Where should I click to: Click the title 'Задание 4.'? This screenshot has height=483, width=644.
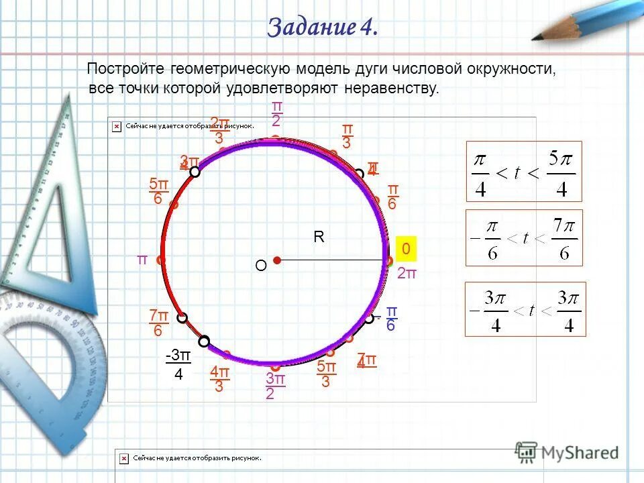(x=323, y=27)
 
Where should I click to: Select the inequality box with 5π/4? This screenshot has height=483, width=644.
(x=524, y=171)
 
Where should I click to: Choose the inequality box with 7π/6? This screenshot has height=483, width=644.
(x=524, y=237)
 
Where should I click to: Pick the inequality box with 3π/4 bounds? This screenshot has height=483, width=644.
(x=525, y=309)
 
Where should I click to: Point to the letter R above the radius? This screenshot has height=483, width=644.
(x=319, y=237)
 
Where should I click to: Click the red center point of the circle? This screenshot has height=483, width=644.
(x=276, y=260)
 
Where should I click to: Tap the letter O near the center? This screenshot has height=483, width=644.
(x=260, y=266)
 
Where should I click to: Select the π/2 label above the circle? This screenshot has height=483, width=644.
(x=276, y=114)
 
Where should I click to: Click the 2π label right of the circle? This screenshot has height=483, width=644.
(x=407, y=273)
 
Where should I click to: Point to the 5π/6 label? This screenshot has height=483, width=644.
(x=158, y=192)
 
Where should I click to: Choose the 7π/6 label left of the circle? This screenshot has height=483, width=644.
(x=158, y=323)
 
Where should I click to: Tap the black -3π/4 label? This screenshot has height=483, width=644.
(x=178, y=365)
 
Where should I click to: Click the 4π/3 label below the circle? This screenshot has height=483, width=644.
(x=219, y=379)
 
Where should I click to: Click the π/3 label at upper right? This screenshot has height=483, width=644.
(x=347, y=136)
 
